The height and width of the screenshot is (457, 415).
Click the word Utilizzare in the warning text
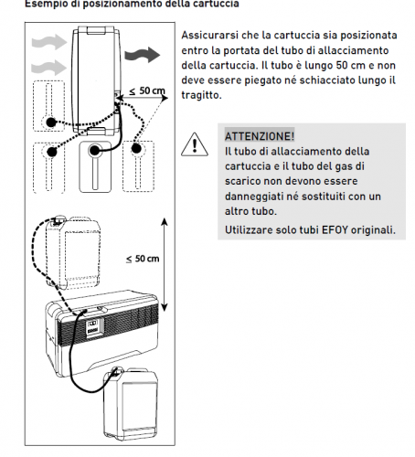pos(251,228)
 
